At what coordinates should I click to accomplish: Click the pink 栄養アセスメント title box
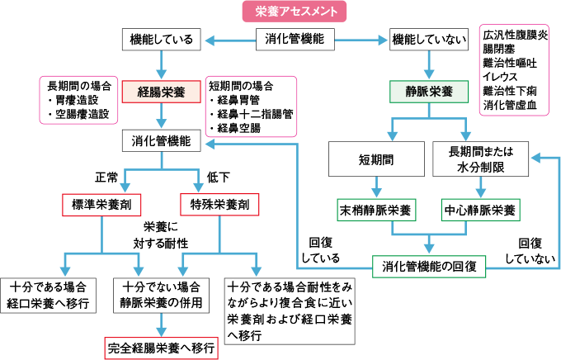(x=295, y=12)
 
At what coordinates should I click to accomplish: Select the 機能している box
(x=162, y=39)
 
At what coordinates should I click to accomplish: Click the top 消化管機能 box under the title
(x=295, y=39)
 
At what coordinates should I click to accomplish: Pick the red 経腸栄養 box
(x=162, y=91)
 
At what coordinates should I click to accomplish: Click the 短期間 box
(x=375, y=159)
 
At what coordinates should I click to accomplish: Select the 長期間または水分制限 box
(x=480, y=159)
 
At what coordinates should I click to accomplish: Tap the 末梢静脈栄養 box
(x=375, y=209)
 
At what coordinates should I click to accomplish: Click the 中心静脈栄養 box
(x=480, y=209)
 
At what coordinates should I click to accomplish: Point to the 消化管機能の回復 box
(x=429, y=266)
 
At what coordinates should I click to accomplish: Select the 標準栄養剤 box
(x=101, y=203)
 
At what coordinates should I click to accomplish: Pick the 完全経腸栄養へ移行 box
(x=162, y=348)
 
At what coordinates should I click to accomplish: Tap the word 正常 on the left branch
(x=108, y=176)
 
